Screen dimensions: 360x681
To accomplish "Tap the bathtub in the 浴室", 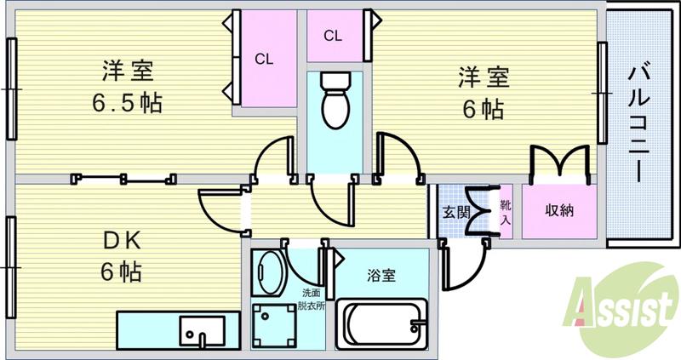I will tap(382, 323).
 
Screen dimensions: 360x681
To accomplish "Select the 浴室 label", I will tap(381, 276).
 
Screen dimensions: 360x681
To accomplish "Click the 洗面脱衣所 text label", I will tap(311, 301).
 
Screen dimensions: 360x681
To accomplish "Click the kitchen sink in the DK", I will tap(202, 329).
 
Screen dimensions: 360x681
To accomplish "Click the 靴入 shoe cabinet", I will tap(506, 212).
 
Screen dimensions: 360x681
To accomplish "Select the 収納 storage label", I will tap(559, 210).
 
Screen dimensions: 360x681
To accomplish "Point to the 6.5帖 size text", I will tap(128, 104).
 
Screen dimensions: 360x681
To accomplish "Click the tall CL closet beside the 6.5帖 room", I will tap(264, 59).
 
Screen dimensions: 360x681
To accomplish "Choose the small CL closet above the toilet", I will tap(332, 37).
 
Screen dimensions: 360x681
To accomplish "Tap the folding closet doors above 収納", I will tap(559, 161).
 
